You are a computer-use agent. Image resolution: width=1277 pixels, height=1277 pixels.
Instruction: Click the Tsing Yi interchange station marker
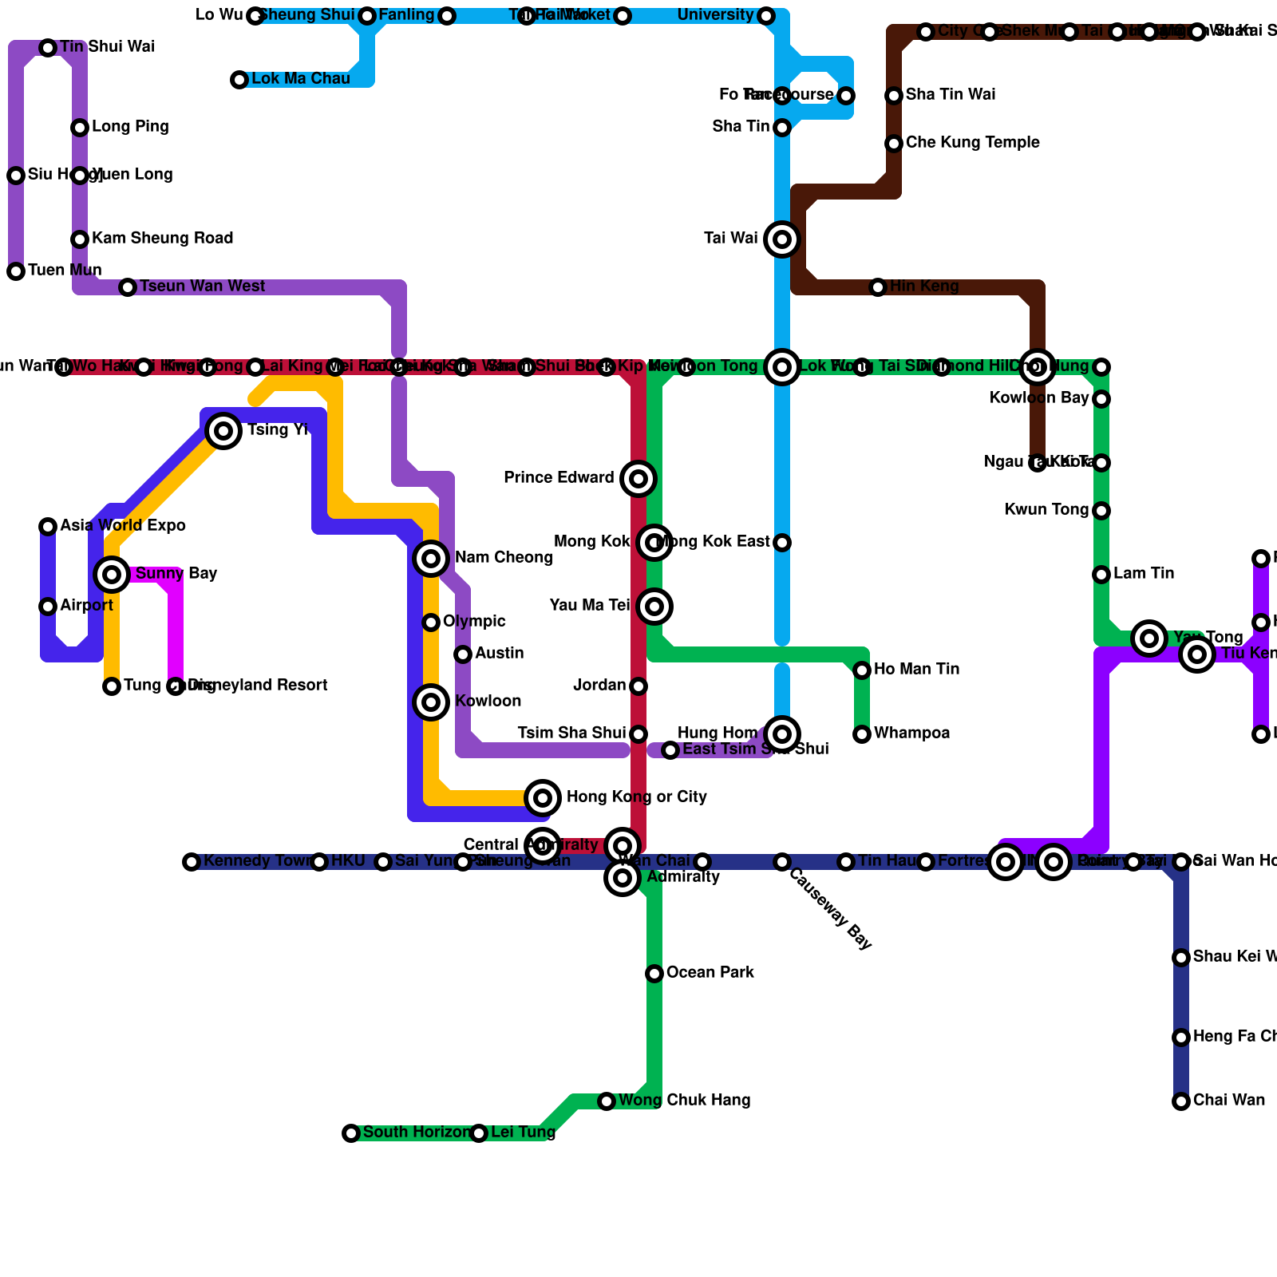tap(224, 431)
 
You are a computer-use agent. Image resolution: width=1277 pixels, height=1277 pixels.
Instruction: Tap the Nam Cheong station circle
tap(431, 558)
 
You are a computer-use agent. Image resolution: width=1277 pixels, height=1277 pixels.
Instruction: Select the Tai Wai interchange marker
tap(782, 239)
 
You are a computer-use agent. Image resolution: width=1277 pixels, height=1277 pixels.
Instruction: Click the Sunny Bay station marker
tap(112, 574)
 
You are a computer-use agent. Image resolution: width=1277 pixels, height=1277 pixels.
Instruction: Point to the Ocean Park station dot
tap(654, 973)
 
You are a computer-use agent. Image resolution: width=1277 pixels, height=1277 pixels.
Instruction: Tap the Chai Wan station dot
tap(1181, 1101)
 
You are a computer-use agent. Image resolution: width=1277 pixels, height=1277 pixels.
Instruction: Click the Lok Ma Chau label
tap(300, 79)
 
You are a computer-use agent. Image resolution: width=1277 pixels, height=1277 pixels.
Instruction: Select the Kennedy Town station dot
tap(192, 862)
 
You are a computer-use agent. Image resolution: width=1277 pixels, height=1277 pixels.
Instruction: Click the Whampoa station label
tap(911, 733)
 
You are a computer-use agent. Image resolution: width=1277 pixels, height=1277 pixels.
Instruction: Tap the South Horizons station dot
tap(351, 1133)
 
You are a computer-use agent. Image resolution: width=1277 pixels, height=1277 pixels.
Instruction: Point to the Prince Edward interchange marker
tap(638, 479)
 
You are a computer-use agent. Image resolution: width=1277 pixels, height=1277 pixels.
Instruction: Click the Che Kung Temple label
tap(972, 143)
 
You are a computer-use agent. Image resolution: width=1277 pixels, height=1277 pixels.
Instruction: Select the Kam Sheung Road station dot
tap(80, 239)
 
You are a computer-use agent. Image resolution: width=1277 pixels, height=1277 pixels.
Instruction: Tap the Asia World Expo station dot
tap(48, 527)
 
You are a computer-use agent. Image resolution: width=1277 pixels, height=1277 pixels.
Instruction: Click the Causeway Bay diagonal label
tap(830, 908)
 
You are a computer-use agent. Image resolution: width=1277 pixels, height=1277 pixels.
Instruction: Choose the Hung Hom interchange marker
tap(782, 734)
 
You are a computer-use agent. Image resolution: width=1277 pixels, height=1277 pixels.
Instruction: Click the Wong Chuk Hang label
tap(684, 1101)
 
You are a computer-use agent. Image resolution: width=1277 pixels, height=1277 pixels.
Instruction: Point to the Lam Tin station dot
tap(1101, 575)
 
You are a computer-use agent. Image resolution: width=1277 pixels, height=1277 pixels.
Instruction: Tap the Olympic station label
tap(474, 622)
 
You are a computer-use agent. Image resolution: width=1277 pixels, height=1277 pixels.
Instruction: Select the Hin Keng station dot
tap(878, 287)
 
